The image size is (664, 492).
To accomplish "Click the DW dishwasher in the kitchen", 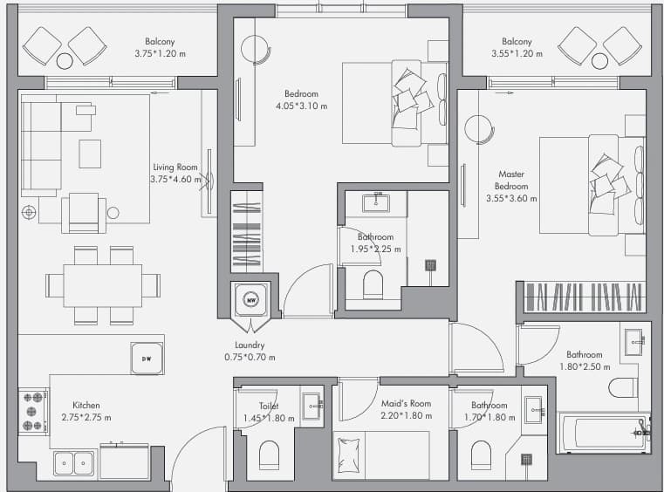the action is point(147,359).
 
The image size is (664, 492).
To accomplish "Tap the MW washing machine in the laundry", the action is point(251,300).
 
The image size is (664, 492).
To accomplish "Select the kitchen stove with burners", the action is point(33,411).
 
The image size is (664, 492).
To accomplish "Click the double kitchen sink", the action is point(74,463).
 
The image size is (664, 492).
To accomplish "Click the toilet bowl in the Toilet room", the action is point(269,455).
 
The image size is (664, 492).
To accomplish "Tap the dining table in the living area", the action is point(102,286).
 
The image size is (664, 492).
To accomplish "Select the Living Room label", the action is point(175,167).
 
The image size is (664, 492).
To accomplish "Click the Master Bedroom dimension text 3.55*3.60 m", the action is point(511,198).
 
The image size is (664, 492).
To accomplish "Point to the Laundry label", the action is point(250,345).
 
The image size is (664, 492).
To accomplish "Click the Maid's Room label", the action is point(406,404).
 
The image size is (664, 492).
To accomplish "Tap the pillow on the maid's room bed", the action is point(349,455).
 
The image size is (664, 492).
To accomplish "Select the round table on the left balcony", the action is point(65,61).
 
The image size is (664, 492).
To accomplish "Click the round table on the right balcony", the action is point(599,61).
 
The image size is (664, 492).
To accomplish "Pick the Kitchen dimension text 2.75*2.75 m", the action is point(86,418).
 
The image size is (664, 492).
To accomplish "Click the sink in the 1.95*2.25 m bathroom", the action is point(376,202).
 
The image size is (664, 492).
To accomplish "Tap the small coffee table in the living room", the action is point(90,154).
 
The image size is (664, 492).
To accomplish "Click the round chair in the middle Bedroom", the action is point(256,49).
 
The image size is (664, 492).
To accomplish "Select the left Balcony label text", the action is point(160,42).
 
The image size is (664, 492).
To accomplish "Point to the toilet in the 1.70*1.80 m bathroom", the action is point(481,455).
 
